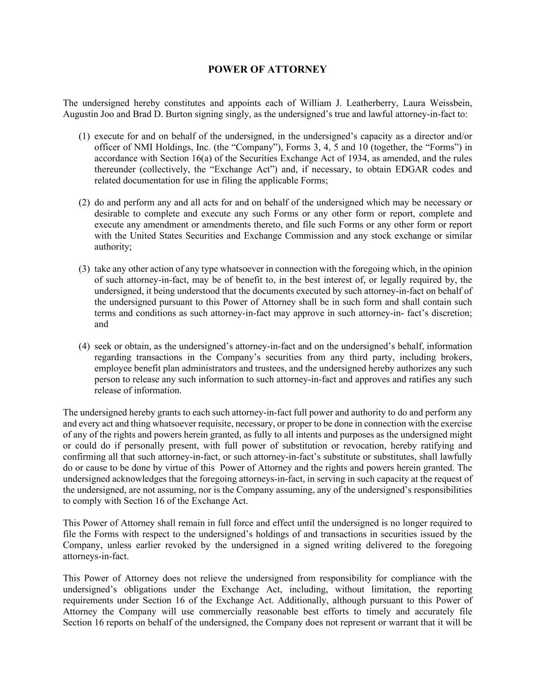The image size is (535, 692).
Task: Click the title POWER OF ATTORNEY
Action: point(267,69)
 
